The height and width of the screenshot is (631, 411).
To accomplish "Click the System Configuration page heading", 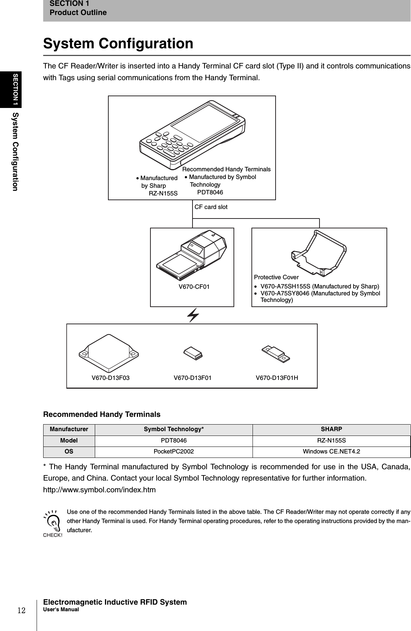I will click(118, 44).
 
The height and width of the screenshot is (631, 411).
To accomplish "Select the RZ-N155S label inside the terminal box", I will click(163, 193).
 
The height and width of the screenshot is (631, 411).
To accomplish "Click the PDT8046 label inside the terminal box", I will click(210, 193).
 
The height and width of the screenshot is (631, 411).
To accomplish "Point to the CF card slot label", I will click(211, 207).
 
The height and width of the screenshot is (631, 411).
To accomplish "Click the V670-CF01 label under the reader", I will click(194, 287).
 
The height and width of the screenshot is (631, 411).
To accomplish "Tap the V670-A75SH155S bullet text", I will click(319, 286).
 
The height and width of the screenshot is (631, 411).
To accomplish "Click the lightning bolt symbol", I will click(193, 315).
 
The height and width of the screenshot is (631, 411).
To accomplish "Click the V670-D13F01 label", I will click(192, 378).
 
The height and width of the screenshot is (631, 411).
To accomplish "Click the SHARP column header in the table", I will click(331, 429).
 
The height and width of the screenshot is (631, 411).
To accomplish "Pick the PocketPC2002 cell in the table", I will click(173, 452).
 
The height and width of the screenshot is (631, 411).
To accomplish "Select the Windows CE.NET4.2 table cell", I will click(331, 452).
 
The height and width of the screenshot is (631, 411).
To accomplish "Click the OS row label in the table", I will click(69, 452).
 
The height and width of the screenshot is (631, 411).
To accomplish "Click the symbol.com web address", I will click(100, 490).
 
